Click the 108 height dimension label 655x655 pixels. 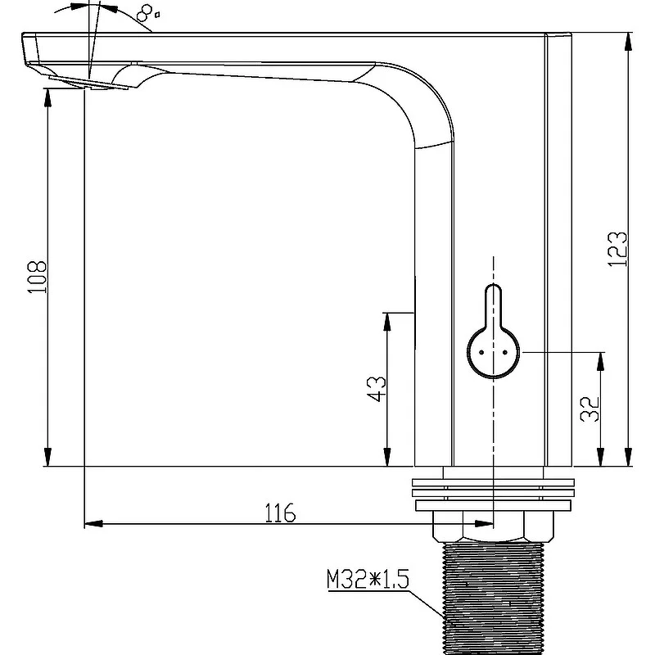click(x=37, y=277)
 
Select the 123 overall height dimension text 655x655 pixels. click(x=617, y=249)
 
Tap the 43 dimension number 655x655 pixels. click(x=377, y=388)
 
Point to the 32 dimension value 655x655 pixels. click(x=589, y=409)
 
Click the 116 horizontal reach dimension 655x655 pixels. click(x=280, y=513)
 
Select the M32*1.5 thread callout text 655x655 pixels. click(x=368, y=579)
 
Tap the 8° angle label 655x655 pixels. click(x=147, y=13)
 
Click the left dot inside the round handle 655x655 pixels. click(x=481, y=353)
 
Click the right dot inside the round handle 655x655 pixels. click(x=505, y=353)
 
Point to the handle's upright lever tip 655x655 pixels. click(x=494, y=285)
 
